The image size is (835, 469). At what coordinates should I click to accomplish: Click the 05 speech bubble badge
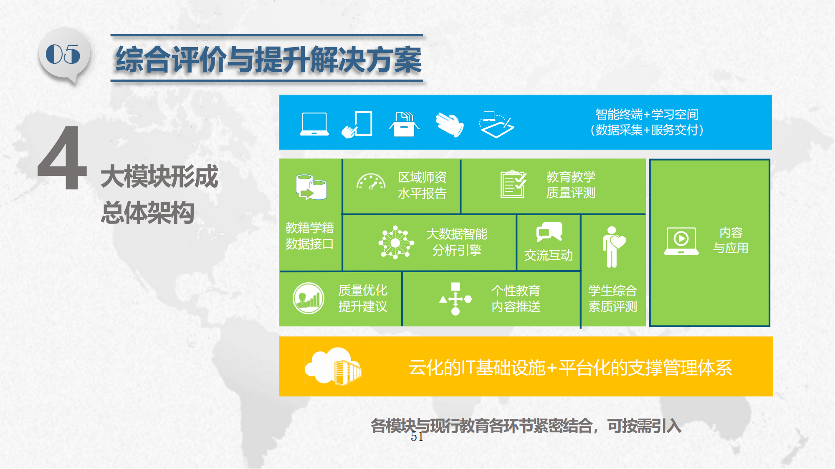[63, 55]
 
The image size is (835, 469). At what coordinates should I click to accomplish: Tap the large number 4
[63, 158]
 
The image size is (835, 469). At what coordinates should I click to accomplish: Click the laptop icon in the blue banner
[314, 124]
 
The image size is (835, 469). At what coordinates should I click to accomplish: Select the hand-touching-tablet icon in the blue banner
[357, 124]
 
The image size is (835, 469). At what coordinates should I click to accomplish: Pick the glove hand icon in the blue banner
[450, 124]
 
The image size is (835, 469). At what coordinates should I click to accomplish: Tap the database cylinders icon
[311, 187]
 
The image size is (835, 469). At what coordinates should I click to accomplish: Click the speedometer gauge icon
[371, 182]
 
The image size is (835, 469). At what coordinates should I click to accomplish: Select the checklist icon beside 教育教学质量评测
[514, 184]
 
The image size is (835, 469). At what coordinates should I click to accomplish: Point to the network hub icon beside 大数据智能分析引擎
[396, 242]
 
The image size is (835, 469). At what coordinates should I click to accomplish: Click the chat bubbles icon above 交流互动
[549, 232]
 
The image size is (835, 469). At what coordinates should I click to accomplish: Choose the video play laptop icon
[681, 241]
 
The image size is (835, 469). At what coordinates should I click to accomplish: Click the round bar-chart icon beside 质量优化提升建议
[309, 298]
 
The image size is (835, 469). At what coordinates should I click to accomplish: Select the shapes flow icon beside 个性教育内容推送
[455, 298]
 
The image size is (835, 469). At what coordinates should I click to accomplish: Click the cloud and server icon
[333, 366]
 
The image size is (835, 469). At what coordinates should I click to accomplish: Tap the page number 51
[417, 436]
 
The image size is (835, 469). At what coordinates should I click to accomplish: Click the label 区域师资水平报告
[422, 186]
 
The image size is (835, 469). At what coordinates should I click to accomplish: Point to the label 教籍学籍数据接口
[310, 236]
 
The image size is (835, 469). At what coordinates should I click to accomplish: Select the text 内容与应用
[731, 240]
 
